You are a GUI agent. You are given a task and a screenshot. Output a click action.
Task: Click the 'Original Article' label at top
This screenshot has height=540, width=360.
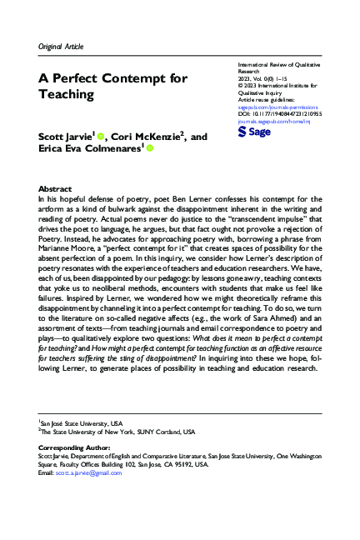pyautogui.click(x=62, y=46)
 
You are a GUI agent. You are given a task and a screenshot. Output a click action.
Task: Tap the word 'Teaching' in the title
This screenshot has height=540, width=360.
pyautogui.click(x=72, y=94)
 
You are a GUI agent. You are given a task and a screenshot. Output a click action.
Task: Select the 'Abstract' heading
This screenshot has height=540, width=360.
pyautogui.click(x=56, y=189)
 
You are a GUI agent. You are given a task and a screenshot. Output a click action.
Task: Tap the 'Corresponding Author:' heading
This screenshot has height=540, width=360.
pyautogui.click(x=73, y=447)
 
